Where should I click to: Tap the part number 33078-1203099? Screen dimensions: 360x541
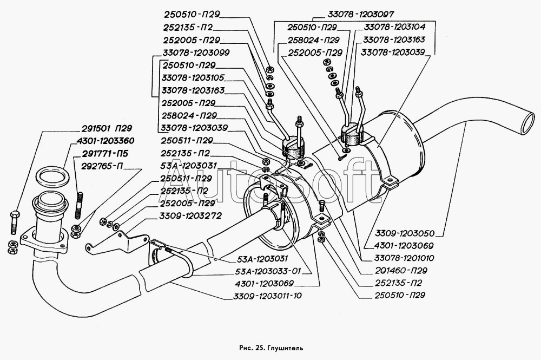point(196,53)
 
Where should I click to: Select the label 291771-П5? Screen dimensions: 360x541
point(106,153)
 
